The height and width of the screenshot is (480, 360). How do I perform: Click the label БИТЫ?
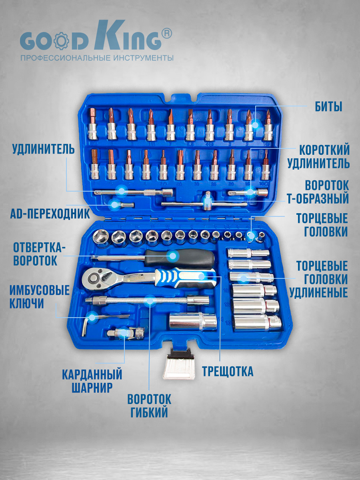328,107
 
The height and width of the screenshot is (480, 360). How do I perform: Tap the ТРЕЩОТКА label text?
228,371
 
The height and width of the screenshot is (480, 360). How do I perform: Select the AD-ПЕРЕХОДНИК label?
50,214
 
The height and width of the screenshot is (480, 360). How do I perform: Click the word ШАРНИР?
92,388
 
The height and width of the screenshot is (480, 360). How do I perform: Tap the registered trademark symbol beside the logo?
166,34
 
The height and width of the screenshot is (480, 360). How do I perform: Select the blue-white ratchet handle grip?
185,278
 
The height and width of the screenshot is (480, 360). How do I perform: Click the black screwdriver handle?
180,259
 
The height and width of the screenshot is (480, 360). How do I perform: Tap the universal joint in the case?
126,333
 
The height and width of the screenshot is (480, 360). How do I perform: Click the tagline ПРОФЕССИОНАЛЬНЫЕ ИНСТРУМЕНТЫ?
97,58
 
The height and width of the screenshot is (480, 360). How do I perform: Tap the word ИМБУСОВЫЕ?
40,290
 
